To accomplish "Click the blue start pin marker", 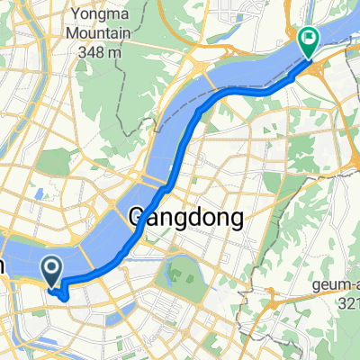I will pos(51,267).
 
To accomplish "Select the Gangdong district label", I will pos(187,217).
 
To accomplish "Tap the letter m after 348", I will pos(114,52).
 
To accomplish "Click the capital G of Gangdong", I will pos(139,217).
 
